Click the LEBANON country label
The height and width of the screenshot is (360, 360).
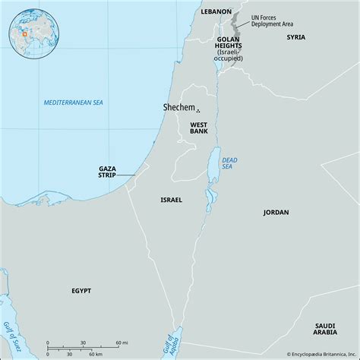pos(216,13)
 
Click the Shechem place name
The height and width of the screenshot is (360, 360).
pos(178,109)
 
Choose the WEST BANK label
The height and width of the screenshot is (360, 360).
pos(199,128)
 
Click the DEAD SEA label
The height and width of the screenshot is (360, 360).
pos(230,162)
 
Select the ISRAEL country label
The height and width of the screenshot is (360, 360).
pos(171,200)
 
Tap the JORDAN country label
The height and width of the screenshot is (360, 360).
pos(276,213)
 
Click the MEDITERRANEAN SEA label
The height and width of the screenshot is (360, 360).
pos(73,102)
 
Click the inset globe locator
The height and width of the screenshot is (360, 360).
pos(30,30)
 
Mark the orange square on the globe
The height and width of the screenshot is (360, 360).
pos(24,33)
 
